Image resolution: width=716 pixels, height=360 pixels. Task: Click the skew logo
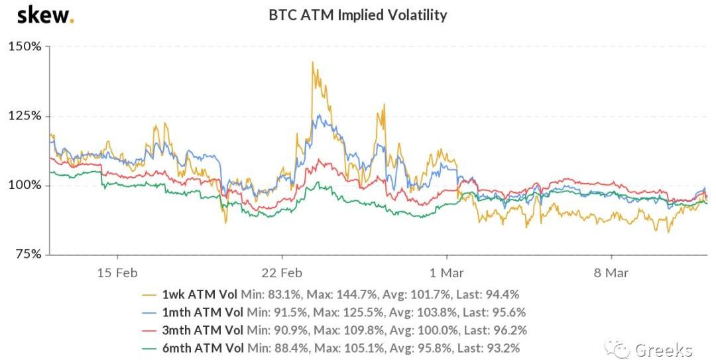tap(44, 15)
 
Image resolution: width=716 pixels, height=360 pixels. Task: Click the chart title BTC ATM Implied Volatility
tap(357, 15)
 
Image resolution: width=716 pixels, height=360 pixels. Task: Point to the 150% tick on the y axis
tap(25, 46)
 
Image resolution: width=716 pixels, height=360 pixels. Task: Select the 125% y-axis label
tap(25, 115)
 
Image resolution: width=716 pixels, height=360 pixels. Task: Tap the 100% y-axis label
tap(25, 185)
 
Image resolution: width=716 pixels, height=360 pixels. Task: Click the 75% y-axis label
tap(28, 254)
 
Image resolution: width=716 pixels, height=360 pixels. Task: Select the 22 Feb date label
tap(282, 272)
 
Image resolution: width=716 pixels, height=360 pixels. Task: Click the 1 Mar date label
tap(446, 272)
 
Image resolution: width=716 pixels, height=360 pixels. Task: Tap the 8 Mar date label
tap(611, 272)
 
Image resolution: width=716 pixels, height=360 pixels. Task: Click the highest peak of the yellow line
tap(312, 62)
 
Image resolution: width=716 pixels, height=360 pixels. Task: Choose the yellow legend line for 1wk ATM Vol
tap(150, 294)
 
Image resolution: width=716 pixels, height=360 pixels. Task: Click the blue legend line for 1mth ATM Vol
tap(150, 312)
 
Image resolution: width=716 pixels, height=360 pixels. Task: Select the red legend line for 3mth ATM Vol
tap(150, 330)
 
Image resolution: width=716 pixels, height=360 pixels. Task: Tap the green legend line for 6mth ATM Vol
tap(150, 347)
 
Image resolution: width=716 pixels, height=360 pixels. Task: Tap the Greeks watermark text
tap(664, 349)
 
